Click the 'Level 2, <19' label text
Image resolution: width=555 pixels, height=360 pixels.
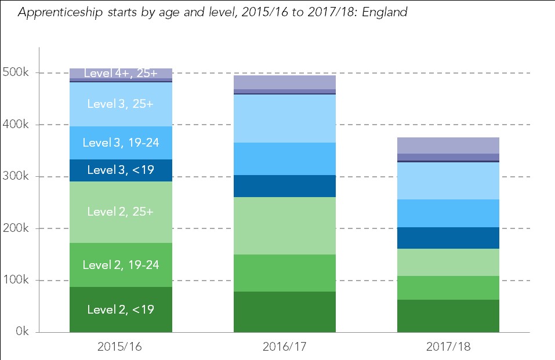point(121,310)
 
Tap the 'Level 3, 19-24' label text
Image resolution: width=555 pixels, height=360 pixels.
point(121,143)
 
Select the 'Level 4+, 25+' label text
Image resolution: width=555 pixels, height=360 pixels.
point(121,73)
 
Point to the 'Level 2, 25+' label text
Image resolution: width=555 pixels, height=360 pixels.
point(121,212)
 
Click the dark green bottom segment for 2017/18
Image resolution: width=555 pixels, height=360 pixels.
point(448,316)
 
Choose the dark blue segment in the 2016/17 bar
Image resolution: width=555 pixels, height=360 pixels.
point(284,186)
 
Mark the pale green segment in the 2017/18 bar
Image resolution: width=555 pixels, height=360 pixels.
point(448,262)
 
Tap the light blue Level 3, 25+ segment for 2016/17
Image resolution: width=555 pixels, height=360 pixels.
point(284,118)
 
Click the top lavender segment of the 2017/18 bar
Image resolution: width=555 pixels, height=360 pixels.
point(448,145)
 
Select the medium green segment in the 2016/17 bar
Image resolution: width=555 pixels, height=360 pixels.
point(284,273)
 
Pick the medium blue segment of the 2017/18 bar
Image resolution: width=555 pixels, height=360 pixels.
point(448,213)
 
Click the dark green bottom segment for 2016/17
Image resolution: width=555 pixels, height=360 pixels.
point(284,312)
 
